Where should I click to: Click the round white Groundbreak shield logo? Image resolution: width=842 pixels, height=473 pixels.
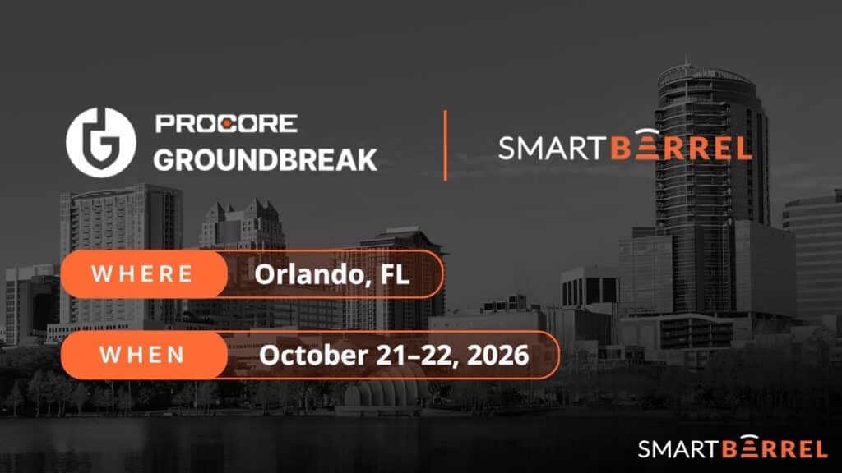[101, 142]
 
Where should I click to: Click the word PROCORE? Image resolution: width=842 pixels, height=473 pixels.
[226, 123]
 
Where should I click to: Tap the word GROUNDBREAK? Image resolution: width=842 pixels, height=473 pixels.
[266, 159]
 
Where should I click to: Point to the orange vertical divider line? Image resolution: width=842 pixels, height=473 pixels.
[445, 145]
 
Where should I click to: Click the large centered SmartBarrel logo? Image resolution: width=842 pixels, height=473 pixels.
[625, 145]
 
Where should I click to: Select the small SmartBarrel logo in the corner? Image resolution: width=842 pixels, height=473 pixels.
[733, 447]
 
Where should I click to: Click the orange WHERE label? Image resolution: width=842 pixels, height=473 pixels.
[144, 274]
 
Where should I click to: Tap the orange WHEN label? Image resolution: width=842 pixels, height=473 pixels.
[144, 355]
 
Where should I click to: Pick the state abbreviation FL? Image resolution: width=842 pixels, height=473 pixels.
[395, 274]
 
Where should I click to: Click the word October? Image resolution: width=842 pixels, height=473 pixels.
[313, 355]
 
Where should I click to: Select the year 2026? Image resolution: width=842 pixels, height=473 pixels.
[497, 355]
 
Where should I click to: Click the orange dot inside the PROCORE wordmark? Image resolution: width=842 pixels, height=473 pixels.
[226, 124]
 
